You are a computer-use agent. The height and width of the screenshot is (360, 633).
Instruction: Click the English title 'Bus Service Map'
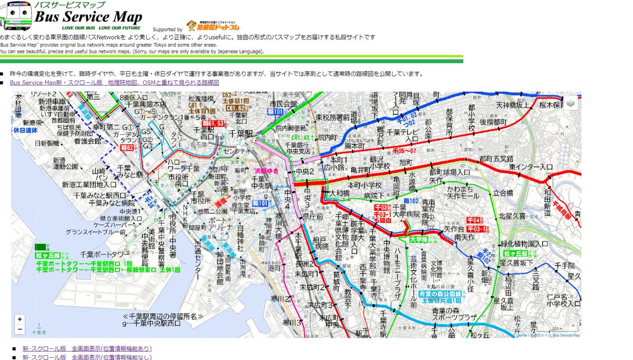click(89, 16)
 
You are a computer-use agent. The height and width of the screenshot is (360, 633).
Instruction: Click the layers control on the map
click(571, 102)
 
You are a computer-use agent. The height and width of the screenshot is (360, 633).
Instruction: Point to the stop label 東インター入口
click(531, 167)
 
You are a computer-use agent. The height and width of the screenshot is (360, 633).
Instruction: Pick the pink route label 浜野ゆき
click(265, 171)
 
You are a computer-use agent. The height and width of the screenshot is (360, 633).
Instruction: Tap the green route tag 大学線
click(417, 239)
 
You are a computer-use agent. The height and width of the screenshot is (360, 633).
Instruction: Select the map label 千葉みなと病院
click(111, 203)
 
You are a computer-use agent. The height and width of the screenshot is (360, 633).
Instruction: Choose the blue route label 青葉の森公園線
click(440, 293)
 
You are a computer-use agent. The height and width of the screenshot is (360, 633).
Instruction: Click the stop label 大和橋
click(339, 194)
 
